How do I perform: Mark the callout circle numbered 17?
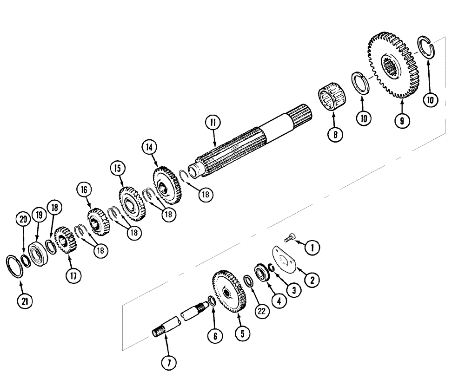point(73,275)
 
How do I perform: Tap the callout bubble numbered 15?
point(118,168)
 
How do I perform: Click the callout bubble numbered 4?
point(279,301)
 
